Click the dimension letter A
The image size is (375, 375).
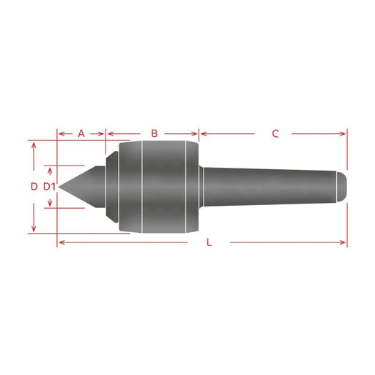81,133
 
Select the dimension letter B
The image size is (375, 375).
155,133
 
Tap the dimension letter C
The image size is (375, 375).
275,133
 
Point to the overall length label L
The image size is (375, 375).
209,242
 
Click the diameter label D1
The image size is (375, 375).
49,187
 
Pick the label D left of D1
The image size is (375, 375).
34,187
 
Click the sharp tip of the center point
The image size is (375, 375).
59,187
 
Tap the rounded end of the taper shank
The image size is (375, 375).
341,187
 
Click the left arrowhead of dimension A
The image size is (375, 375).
62,134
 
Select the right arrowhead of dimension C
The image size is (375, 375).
343,134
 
